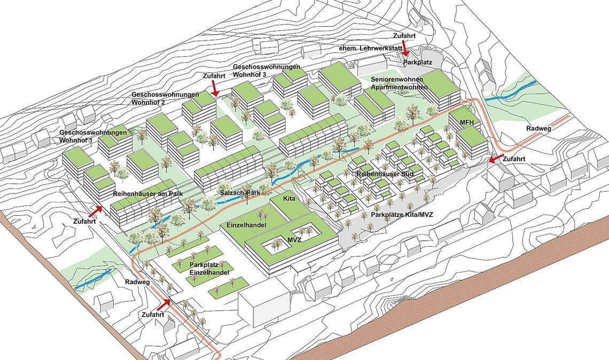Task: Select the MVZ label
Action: [x=294, y=241]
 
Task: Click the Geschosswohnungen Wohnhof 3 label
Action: [x=267, y=71]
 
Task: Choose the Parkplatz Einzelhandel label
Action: [x=209, y=269]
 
